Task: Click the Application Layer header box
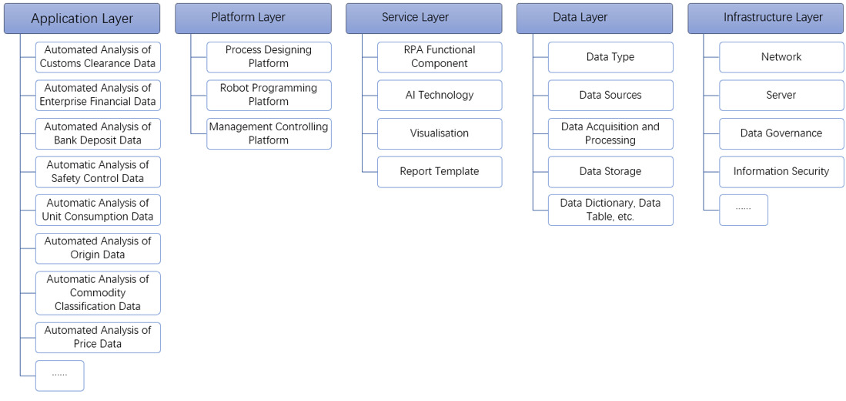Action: tap(82, 19)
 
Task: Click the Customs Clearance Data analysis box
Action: tap(98, 57)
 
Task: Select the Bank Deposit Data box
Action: tap(98, 133)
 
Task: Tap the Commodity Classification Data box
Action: tap(98, 293)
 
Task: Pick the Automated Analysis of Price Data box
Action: tap(98, 337)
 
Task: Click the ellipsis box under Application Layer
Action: tap(59, 376)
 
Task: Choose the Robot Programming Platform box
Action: tap(269, 95)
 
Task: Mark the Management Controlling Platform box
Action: tap(269, 133)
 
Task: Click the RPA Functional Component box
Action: tap(440, 57)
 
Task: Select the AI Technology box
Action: tap(440, 95)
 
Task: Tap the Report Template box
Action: tap(440, 171)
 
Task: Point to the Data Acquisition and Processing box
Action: tap(610, 133)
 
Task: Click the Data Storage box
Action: tap(610, 171)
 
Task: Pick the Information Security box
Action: tap(781, 171)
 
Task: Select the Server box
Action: tap(781, 95)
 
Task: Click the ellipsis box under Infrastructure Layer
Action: tap(744, 210)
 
